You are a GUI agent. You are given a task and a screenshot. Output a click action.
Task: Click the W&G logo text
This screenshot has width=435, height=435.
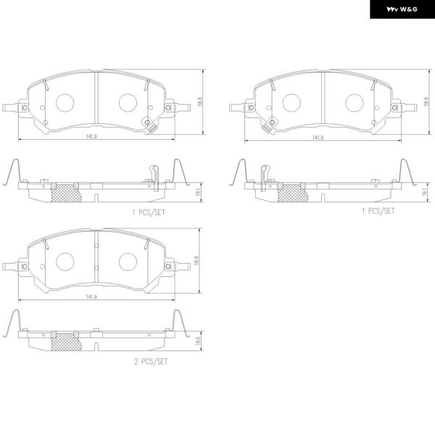[402, 9]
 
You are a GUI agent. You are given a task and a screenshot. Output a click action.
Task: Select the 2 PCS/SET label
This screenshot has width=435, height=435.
[152, 362]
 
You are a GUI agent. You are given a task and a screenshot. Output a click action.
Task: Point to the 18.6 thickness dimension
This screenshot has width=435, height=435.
[198, 341]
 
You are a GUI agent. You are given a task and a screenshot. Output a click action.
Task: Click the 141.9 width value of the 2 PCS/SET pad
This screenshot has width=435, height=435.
[91, 297]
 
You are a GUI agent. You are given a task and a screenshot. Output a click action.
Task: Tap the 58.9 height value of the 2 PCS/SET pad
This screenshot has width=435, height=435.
[197, 261]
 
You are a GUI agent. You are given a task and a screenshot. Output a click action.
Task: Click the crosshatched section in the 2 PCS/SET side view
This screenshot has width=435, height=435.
[66, 341]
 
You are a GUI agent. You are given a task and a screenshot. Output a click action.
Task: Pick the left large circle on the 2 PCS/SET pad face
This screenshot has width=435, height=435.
[65, 262]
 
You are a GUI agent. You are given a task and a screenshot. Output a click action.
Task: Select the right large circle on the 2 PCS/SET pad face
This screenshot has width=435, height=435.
[128, 262]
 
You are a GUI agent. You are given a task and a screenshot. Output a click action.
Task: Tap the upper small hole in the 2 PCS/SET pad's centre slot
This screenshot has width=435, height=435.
[96, 246]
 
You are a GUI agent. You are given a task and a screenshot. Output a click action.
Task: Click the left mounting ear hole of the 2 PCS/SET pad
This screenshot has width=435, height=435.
[25, 267]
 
